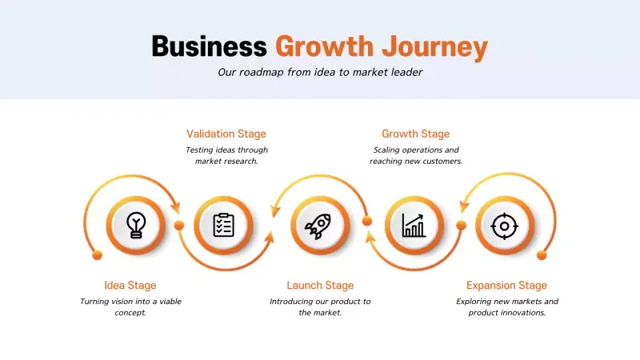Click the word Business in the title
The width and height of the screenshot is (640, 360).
point(209,46)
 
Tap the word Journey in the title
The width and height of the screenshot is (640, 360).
point(434,46)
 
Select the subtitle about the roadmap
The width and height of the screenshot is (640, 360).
point(320,72)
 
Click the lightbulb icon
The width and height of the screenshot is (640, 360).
point(137,225)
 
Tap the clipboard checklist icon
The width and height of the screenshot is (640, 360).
point(224,225)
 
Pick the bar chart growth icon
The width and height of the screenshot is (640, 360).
point(414,225)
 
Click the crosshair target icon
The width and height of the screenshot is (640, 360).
point(504,226)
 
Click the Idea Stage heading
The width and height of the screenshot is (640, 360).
point(130,285)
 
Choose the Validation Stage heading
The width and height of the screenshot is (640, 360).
point(226,134)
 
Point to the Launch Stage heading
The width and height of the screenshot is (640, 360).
point(320,285)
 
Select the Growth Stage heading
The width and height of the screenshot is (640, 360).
point(416,134)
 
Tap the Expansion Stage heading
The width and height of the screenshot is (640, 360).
point(507,285)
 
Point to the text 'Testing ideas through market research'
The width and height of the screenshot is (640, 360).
point(226,155)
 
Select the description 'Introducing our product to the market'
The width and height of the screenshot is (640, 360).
point(320,307)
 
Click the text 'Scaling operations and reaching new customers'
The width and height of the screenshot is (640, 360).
point(416,155)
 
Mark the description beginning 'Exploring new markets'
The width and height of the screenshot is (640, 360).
point(507,307)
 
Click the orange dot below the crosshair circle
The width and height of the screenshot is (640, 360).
point(542,254)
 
